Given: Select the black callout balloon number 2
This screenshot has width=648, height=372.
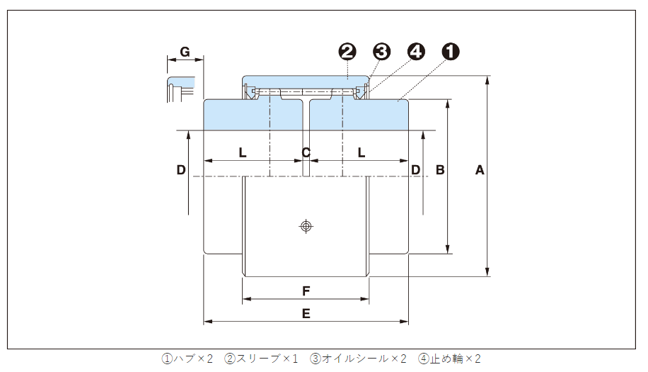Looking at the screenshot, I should click(347, 51).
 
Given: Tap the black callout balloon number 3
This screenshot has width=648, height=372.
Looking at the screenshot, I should click(382, 51).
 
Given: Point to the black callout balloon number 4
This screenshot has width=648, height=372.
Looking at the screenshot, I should click(417, 51).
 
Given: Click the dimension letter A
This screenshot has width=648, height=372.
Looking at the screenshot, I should click(480, 170).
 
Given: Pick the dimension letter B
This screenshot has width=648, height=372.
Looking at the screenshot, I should click(439, 170).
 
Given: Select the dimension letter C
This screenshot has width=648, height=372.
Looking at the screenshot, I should click(306, 152).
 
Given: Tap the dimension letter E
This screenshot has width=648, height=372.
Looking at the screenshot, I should click(306, 314).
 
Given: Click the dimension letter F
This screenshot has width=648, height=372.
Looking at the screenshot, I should click(306, 291).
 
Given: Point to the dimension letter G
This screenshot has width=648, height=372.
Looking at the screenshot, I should click(185, 52).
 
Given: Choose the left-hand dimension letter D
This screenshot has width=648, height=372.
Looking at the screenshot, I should click(181, 170).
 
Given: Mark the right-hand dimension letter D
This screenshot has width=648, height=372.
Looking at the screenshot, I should click(416, 170).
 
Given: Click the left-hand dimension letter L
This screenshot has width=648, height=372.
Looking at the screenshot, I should click(243, 152).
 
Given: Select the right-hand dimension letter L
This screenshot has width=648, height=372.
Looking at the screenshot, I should click(361, 152).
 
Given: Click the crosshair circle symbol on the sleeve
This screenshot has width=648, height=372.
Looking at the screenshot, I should click(306, 226).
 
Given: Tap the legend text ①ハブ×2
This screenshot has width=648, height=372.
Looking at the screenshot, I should click(187, 359).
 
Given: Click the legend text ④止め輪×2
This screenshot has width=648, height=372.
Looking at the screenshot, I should click(449, 359).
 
